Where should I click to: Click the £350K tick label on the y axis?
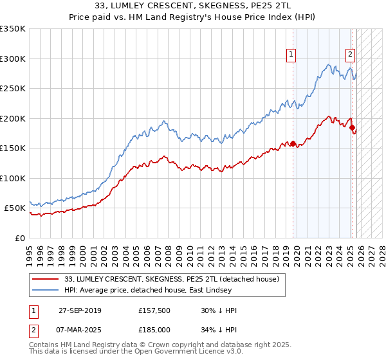tap(13, 29)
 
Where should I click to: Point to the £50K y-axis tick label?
tap(15, 208)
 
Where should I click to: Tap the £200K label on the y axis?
tap(13, 118)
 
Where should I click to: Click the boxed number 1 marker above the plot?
tap(291, 55)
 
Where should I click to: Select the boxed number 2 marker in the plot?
tap(350, 55)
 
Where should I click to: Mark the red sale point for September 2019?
tap(293, 144)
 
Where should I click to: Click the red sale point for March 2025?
tap(352, 127)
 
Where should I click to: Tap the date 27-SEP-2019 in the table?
tap(89, 310)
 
